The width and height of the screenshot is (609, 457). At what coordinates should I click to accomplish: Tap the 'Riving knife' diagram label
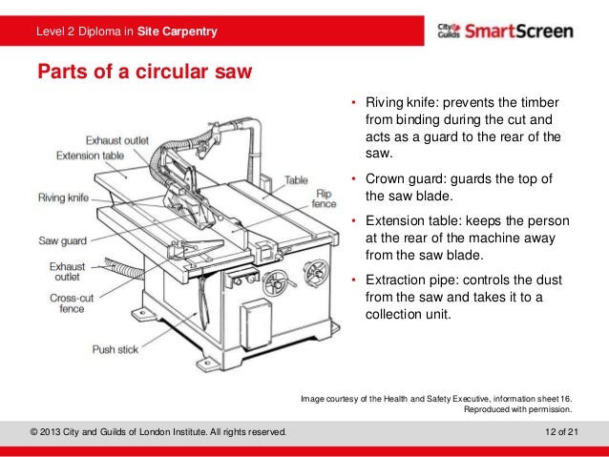(x=64, y=198)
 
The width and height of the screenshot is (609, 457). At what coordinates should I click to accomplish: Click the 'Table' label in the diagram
(x=296, y=179)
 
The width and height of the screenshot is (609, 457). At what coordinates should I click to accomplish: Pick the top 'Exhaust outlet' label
(x=117, y=140)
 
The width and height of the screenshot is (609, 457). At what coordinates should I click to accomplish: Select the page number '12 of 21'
(x=557, y=433)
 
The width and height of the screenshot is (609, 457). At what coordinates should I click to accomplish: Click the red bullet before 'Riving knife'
(x=352, y=103)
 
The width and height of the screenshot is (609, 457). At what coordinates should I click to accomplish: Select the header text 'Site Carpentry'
(x=177, y=33)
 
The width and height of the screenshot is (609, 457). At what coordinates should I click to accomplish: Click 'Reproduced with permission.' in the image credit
(x=517, y=408)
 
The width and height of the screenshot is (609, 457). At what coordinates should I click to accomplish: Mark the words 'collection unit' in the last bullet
(x=407, y=314)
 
